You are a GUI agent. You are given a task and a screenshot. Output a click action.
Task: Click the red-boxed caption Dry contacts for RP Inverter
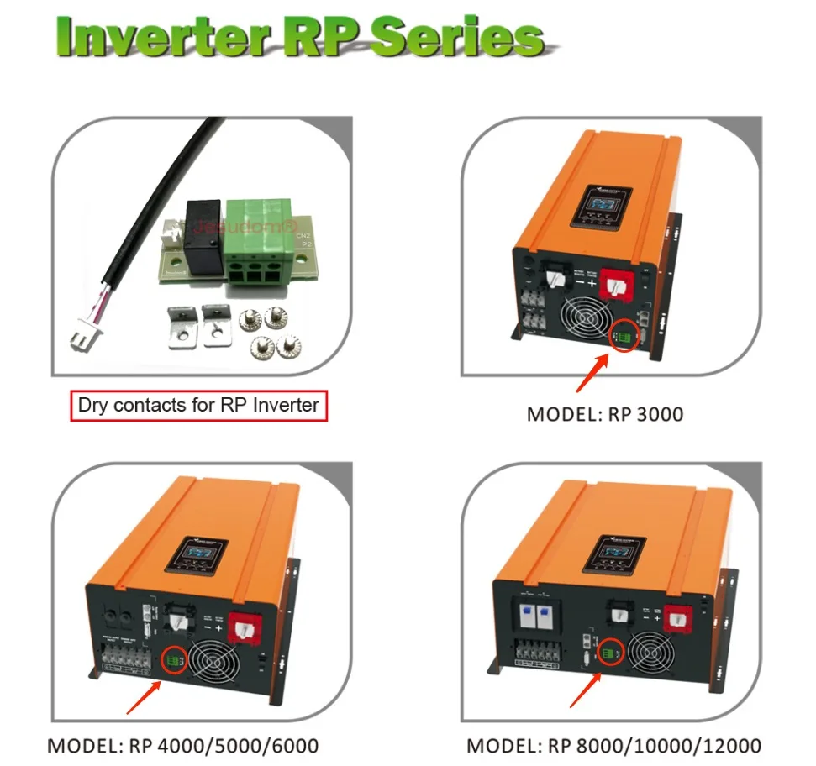198,405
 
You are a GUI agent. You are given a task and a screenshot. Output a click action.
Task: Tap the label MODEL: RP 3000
604,414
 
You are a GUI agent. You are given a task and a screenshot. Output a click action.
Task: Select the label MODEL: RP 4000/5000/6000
183,745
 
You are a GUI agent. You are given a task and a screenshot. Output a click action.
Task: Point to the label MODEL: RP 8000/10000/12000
613,745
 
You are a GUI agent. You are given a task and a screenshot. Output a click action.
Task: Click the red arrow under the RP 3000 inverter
591,374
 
